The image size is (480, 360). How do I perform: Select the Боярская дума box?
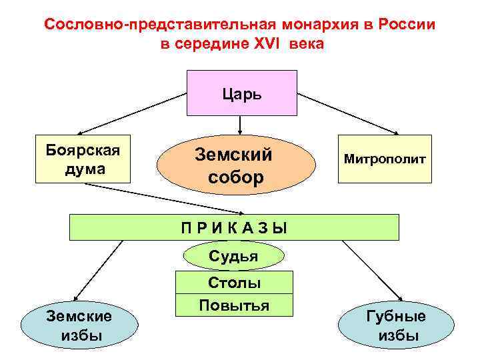coord(84,159)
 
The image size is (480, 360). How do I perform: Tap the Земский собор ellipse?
coord(235,165)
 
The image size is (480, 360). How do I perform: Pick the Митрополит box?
coord(384,159)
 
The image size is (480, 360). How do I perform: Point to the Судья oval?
coord(233,256)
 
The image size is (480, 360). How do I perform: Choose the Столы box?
coord(234,283)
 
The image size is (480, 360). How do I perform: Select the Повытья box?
coord(234,305)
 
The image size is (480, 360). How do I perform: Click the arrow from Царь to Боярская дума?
coord(133,114)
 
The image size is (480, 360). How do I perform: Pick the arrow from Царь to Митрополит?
coord(347,114)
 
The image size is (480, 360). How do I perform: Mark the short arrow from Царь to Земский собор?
coord(240,125)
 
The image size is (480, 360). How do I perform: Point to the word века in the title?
coord(307,44)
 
